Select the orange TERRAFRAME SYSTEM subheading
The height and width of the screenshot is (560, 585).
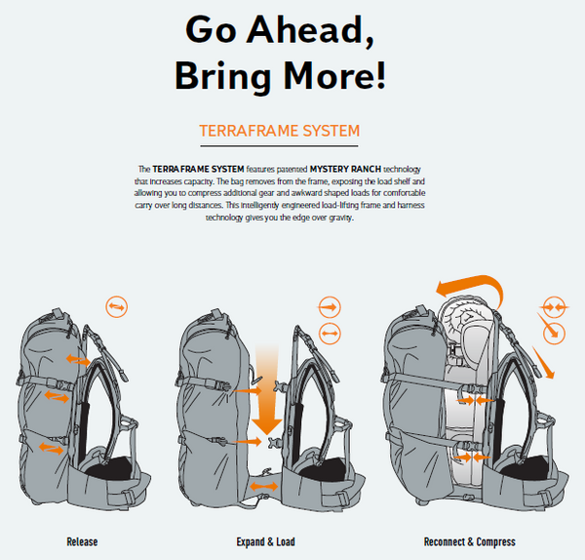tap(279, 131)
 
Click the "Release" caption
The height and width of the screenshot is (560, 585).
tap(82, 541)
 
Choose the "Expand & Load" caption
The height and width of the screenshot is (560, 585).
tap(265, 541)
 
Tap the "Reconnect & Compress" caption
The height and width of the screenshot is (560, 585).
tap(469, 541)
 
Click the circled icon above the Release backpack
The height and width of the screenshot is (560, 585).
tap(116, 307)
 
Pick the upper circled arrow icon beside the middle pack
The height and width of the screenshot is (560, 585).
tap(331, 306)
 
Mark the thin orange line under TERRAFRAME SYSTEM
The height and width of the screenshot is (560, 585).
tap(279, 146)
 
